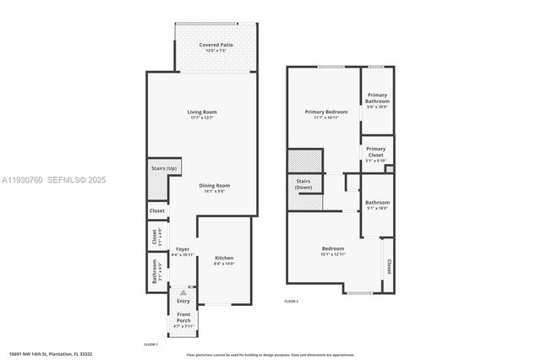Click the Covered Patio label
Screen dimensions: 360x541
(216, 45)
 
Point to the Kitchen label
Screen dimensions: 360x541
(224, 258)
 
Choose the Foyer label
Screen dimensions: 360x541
(183, 249)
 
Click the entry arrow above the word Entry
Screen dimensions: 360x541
(183, 292)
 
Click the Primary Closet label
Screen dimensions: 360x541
(375, 150)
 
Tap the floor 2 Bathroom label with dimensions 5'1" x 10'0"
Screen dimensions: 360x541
(377, 203)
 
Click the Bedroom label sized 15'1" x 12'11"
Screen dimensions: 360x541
(332, 248)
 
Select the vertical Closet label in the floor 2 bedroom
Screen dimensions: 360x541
(389, 267)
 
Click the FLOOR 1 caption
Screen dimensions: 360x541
(151, 344)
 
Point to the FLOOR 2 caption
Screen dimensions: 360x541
(291, 301)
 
